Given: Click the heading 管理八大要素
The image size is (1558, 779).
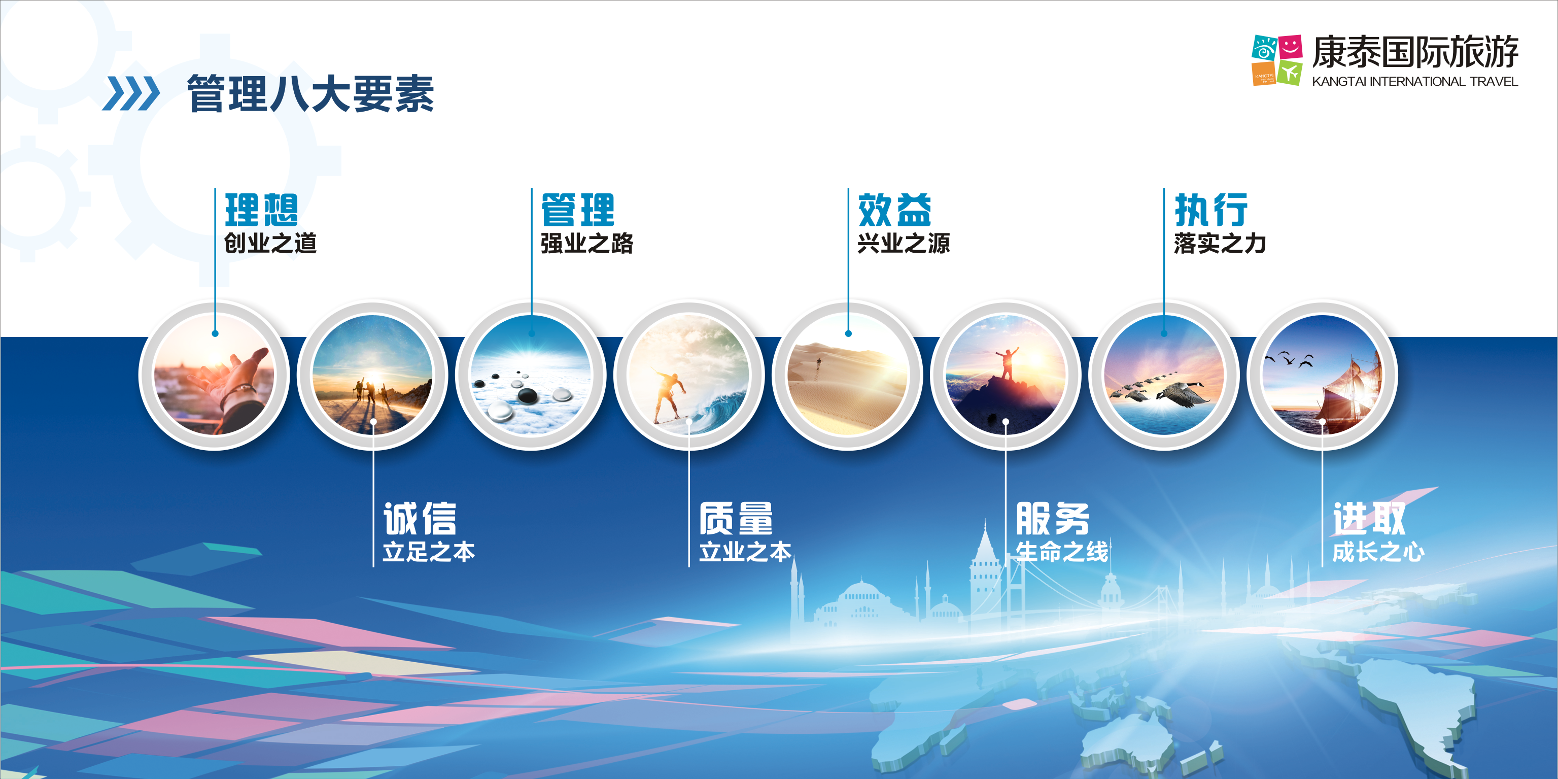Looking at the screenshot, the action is point(310,94).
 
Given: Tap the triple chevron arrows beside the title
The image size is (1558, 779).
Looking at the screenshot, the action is point(131,94).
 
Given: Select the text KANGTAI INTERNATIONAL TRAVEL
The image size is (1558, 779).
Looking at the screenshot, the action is point(1414,82).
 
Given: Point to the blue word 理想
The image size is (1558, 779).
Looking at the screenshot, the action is point(261,210).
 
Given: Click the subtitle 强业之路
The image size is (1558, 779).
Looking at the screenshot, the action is point(586,243).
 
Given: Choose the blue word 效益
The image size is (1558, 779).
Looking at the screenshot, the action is point(894,210).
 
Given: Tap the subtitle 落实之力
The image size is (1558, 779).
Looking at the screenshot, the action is point(1220,243).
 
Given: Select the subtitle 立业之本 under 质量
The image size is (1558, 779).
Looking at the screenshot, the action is point(745,552).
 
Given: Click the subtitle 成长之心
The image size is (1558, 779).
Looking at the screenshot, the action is point(1378,552).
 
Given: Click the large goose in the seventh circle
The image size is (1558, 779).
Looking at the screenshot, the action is point(1183,394).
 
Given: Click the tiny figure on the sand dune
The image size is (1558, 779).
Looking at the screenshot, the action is point(819,362).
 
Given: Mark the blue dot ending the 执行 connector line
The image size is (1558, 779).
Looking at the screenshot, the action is point(1164,333).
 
